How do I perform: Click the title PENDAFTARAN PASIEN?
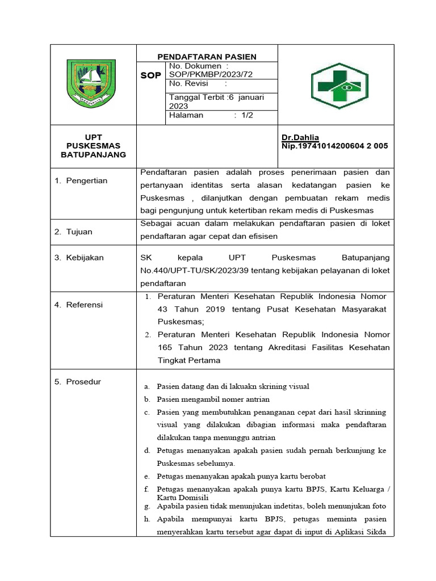point(207,56)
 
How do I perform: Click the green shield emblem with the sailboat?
point(91,83)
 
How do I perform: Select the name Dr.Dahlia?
point(300,138)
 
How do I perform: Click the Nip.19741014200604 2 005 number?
point(334,146)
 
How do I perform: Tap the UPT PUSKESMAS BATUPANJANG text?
point(93,146)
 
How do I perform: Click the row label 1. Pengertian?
point(81,180)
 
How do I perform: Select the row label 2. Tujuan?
point(73,231)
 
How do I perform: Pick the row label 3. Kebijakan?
point(79,258)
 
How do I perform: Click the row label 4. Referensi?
point(78,305)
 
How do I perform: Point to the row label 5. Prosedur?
point(78,382)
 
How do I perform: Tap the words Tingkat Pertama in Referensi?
point(188,360)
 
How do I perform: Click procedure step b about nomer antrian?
point(213,399)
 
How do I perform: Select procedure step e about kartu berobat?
point(241,475)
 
